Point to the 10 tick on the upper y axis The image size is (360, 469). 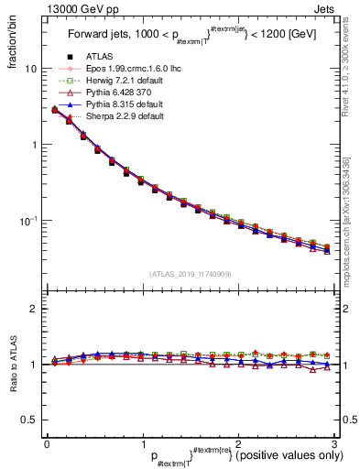point(30,69)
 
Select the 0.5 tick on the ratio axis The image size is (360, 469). point(27,419)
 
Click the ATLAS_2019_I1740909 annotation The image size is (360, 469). point(189,272)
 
